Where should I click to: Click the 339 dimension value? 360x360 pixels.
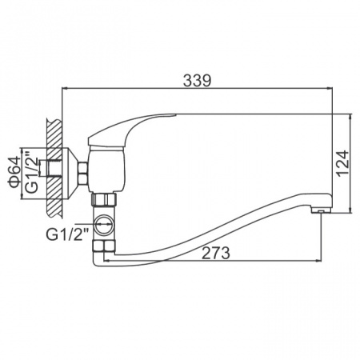tap(197, 80)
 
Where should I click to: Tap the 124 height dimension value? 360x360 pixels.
tap(342, 163)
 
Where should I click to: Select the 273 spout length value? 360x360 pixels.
tap(215, 253)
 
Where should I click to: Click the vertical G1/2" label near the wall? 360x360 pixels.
tap(32, 171)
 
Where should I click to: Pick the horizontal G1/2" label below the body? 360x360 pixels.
tap(67, 234)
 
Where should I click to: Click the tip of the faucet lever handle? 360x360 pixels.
tap(175, 115)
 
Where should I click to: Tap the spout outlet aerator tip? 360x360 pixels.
tap(321, 211)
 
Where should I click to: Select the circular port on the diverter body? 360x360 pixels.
tap(104, 225)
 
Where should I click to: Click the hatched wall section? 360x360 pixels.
tap(54, 169)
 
